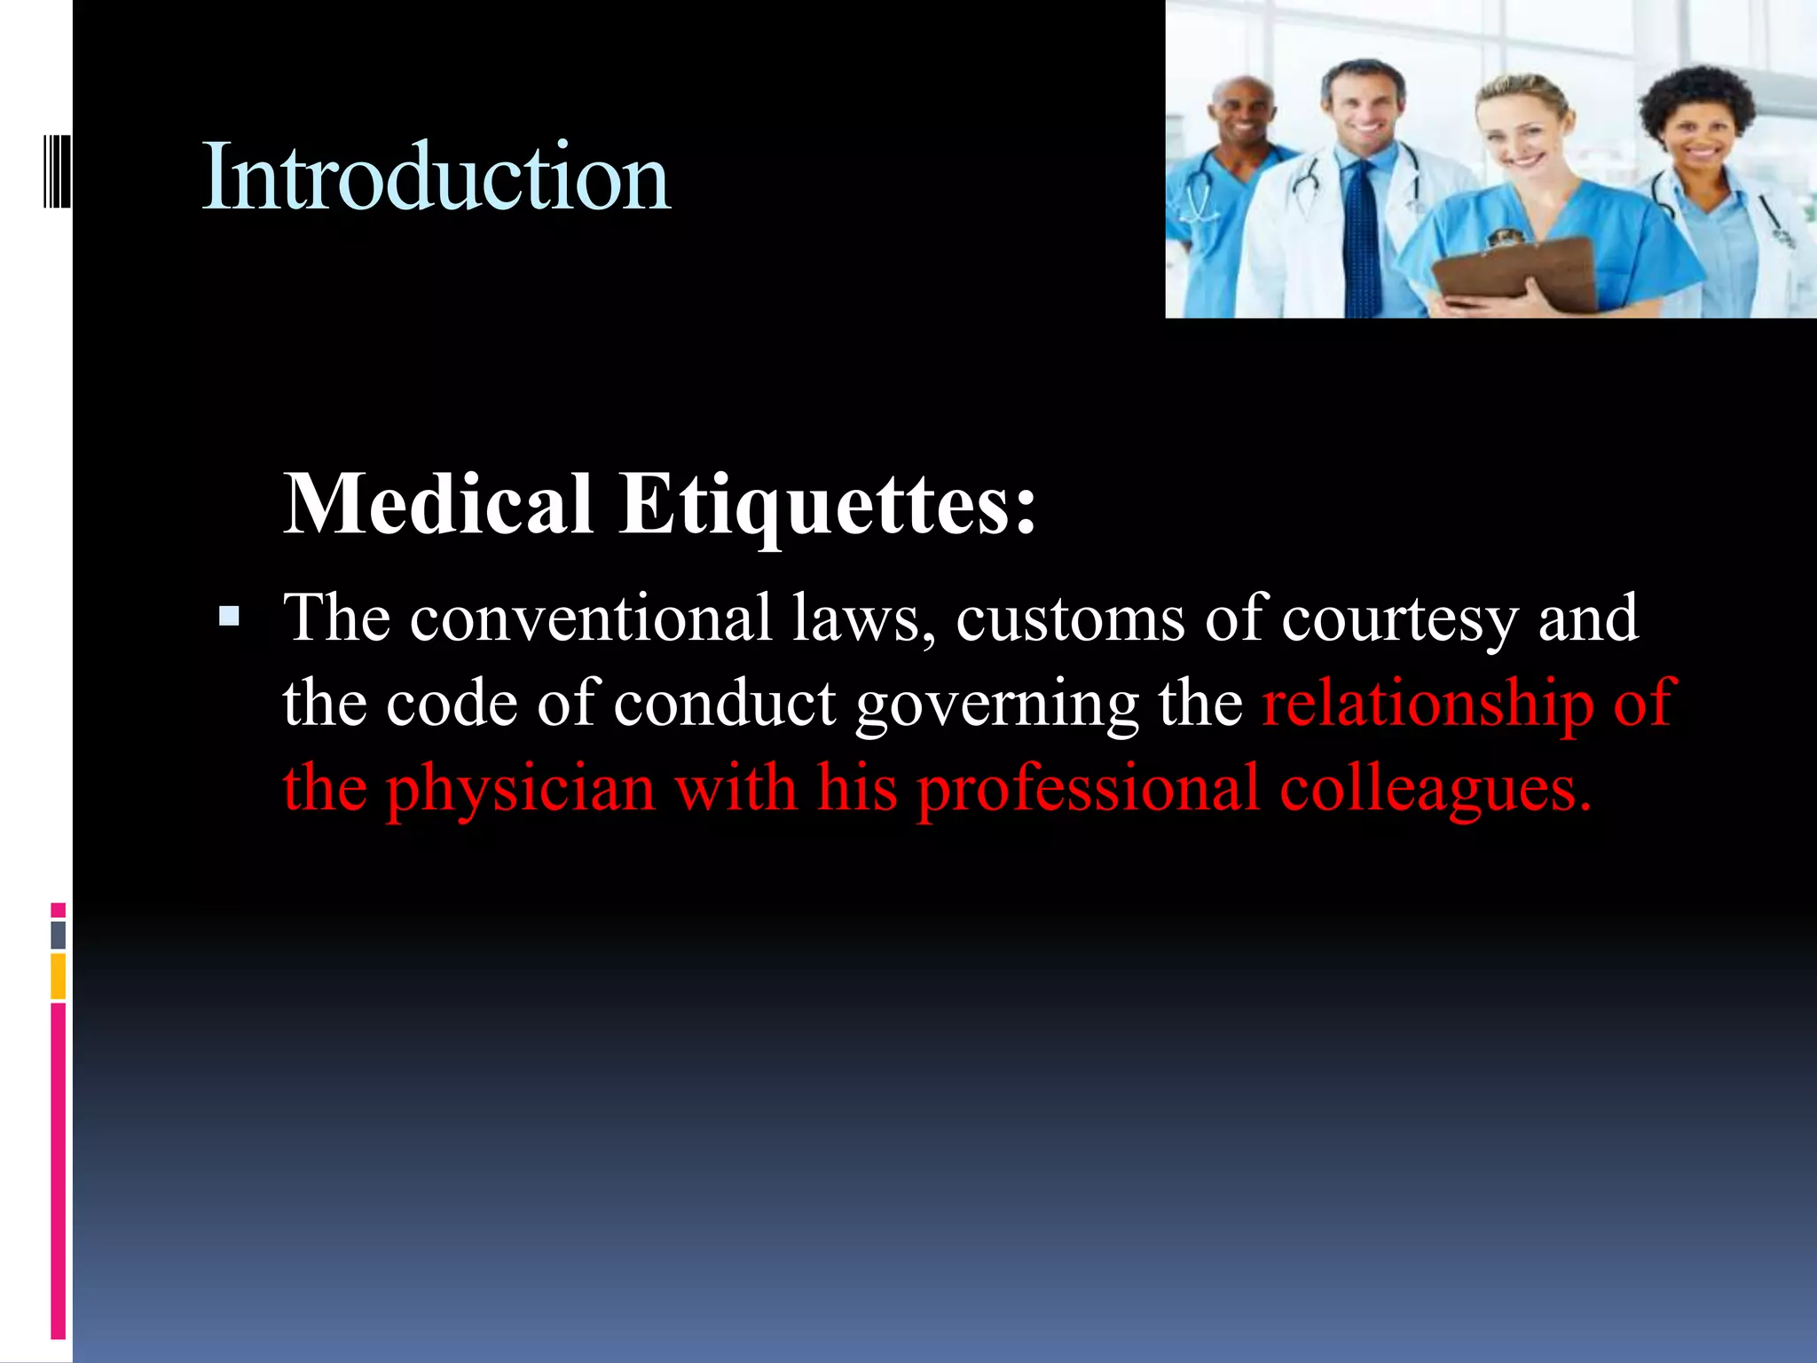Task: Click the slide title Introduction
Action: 436,178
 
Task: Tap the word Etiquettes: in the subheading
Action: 827,506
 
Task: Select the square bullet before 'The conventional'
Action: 229,616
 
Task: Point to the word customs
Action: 1070,618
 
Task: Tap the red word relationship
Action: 1428,703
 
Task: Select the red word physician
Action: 521,789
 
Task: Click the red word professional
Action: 1088,789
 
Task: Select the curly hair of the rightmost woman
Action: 1695,98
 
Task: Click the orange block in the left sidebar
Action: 59,976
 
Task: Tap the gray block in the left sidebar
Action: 59,935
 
